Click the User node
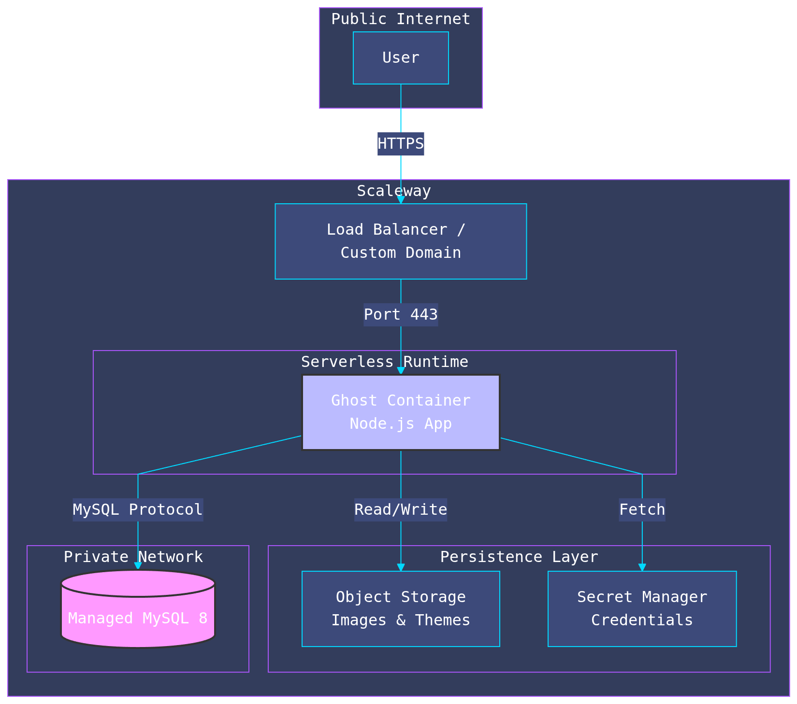pos(401,58)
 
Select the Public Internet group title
pos(401,19)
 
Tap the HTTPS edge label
pos(401,144)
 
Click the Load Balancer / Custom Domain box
pos(401,241)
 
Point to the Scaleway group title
pos(393,191)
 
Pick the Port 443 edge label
pos(401,315)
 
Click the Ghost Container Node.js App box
pos(401,412)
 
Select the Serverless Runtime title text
pos(384,362)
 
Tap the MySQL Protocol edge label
pos(138,510)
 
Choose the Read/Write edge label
pos(401,510)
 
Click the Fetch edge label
pos(642,510)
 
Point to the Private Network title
pos(133,557)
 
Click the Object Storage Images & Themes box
pos(401,608)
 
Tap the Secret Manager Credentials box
pos(642,608)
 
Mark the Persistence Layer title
pos(519,557)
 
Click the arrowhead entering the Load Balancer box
pos(401,199)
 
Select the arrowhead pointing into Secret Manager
pos(642,567)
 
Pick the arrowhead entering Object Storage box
pos(401,567)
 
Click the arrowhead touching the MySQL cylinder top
pos(138,565)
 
